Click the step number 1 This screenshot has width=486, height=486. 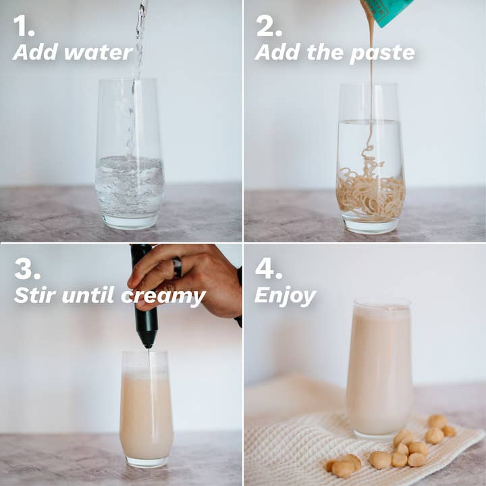point(24,26)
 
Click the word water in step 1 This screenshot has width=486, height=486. point(99,53)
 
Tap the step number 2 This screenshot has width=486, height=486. point(269,26)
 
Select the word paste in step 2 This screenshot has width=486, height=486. point(382,54)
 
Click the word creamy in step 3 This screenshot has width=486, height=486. point(163,297)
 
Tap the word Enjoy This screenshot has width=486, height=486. point(285,296)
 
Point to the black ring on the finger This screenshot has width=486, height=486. point(178,267)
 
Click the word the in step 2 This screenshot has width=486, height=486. point(325,52)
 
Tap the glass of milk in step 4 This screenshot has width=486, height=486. point(380,369)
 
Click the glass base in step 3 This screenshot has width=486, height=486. point(146,462)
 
